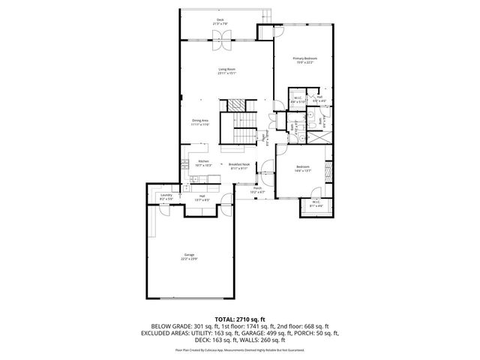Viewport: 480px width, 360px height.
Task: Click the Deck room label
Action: click(220, 19)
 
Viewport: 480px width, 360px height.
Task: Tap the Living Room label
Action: click(227, 69)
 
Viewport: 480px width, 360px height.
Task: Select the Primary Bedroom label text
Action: click(304, 58)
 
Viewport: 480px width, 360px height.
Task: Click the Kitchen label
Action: click(202, 160)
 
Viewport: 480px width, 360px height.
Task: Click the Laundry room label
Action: click(166, 195)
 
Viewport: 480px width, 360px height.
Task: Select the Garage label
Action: click(189, 255)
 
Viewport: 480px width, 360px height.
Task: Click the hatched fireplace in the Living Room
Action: click(238, 105)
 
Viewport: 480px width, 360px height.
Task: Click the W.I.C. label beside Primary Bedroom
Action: click(297, 97)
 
